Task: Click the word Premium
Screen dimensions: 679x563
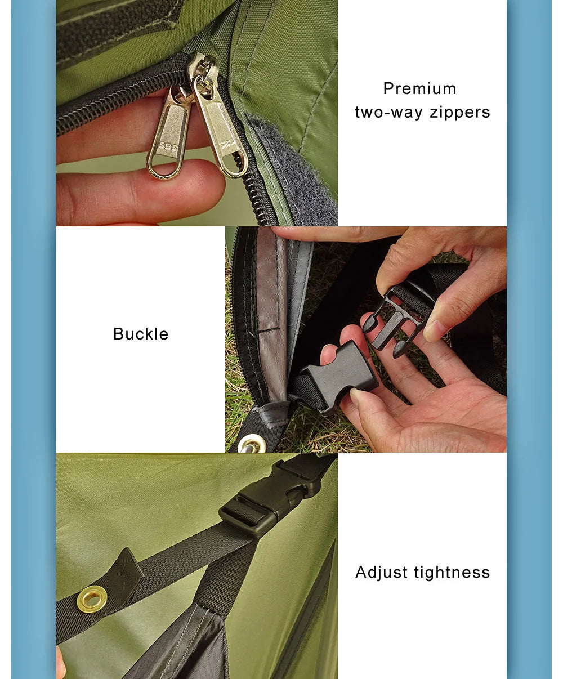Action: click(419, 89)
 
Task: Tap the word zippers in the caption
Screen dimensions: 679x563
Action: click(460, 113)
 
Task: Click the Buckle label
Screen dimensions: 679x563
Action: click(141, 334)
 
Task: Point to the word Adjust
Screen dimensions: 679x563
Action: click(382, 573)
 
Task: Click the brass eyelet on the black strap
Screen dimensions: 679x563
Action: click(91, 598)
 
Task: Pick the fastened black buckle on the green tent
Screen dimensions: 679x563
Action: click(270, 498)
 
